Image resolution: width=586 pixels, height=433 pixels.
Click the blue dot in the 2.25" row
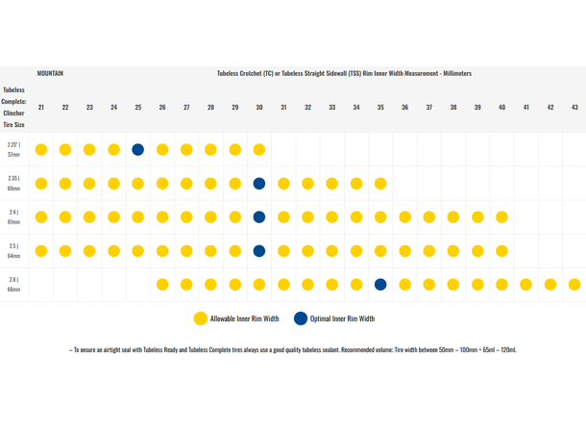click(x=138, y=149)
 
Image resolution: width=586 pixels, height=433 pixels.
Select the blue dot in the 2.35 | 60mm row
click(x=259, y=183)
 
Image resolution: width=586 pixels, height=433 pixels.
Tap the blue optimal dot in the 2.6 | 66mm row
click(x=380, y=284)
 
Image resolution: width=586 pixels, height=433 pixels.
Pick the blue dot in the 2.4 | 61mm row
click(x=259, y=216)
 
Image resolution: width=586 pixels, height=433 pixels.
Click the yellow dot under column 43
click(x=574, y=284)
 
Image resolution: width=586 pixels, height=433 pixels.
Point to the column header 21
click(x=41, y=107)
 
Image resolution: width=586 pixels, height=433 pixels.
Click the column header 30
click(x=259, y=107)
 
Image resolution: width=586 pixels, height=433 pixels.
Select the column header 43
click(x=574, y=107)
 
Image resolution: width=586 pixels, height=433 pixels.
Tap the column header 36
click(x=404, y=107)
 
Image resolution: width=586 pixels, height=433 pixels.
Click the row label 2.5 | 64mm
click(x=14, y=250)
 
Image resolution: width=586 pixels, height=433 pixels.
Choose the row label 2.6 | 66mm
click(x=14, y=284)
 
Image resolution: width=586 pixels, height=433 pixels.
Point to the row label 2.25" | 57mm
click(x=14, y=149)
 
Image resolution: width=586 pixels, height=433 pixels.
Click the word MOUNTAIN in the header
click(x=51, y=73)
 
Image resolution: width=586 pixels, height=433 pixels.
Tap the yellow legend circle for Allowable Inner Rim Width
click(x=200, y=318)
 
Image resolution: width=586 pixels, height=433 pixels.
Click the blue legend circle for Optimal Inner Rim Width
click(x=302, y=318)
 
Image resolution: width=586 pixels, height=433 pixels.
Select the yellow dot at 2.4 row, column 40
click(x=501, y=216)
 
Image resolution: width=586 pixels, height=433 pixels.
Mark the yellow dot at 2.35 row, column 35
click(x=380, y=183)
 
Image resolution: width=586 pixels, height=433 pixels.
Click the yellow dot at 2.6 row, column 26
click(x=162, y=284)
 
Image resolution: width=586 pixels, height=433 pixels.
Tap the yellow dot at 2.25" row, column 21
click(x=41, y=149)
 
